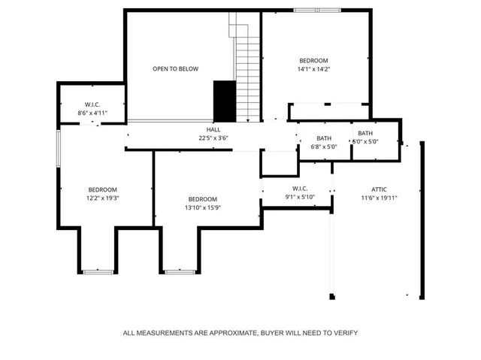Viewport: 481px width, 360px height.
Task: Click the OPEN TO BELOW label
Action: (x=175, y=69)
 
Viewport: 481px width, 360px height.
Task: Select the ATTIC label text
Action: (x=379, y=189)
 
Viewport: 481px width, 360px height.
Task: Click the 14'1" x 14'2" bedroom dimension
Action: (x=314, y=69)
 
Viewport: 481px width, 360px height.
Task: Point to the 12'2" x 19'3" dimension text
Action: (x=103, y=198)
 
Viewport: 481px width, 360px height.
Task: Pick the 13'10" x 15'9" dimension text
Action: (x=203, y=207)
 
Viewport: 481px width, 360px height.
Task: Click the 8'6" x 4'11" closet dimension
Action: (x=92, y=113)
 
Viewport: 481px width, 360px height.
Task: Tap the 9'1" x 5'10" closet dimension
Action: (x=299, y=197)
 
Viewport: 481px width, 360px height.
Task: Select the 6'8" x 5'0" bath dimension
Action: (x=324, y=147)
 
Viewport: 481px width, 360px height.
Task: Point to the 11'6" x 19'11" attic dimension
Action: (x=379, y=198)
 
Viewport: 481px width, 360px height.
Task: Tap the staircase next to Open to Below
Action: (x=247, y=71)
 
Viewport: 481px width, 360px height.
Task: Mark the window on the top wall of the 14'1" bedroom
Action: (x=304, y=10)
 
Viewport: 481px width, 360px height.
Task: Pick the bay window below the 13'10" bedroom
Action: (x=179, y=271)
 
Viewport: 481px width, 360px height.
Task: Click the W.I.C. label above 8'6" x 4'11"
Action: (x=92, y=104)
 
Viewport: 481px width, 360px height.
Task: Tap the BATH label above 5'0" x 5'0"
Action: (x=365, y=133)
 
